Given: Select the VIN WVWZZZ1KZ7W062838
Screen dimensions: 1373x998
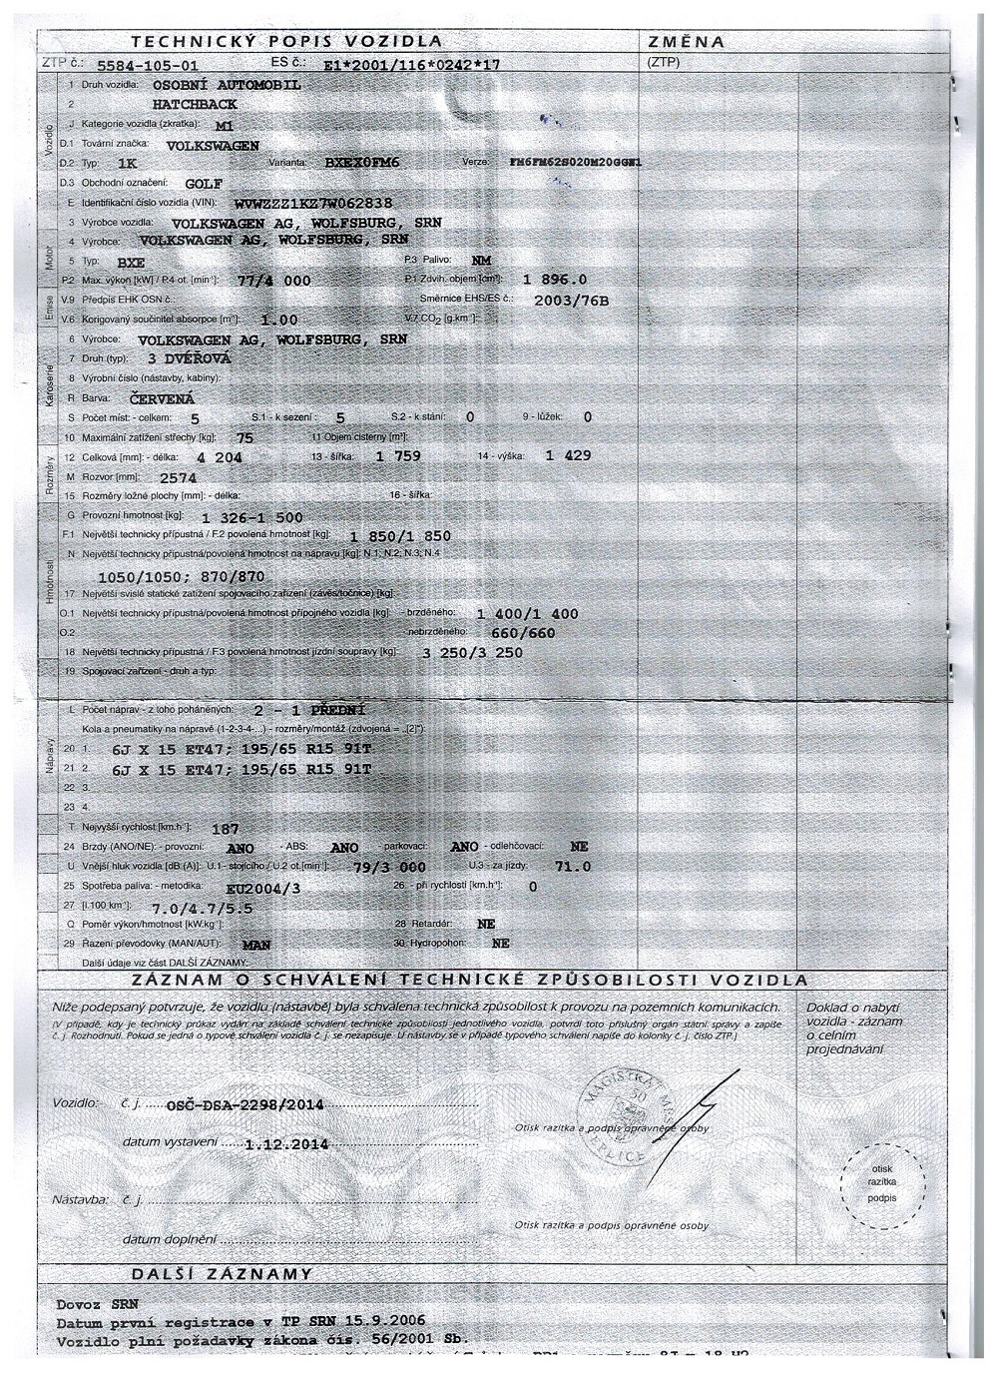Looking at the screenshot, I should (313, 203).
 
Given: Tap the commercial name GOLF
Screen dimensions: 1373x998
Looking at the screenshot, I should (205, 184).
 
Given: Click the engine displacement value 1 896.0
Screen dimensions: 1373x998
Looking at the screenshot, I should (555, 280).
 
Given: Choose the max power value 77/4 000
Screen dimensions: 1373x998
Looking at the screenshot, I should (275, 282).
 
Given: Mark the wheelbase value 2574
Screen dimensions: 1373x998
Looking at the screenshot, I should (180, 477).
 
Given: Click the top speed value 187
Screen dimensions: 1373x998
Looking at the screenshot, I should (226, 828).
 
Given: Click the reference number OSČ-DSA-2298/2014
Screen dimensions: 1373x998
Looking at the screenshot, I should (246, 1105).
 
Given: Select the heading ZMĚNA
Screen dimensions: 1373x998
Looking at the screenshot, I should (687, 42).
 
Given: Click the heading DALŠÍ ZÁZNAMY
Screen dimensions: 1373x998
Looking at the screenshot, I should (223, 1275).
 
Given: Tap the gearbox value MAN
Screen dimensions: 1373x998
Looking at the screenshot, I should (256, 944).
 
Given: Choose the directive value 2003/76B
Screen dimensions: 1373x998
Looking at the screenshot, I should (572, 300).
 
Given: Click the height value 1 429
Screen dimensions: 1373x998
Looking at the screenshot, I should (568, 455).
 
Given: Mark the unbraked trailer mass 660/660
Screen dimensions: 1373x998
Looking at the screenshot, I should (525, 633).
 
